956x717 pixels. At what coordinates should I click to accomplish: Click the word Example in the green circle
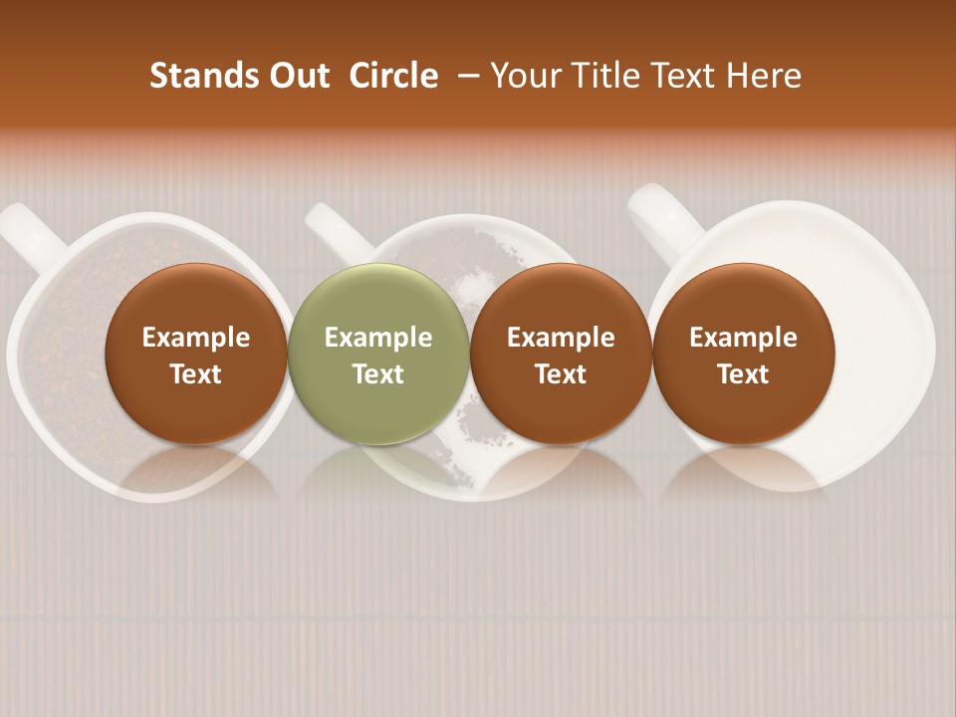tap(378, 338)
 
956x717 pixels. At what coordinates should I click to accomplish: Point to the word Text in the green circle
tap(378, 374)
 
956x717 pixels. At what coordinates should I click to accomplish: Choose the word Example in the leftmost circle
tap(196, 338)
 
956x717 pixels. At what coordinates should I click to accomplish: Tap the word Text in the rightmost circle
tap(743, 374)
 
